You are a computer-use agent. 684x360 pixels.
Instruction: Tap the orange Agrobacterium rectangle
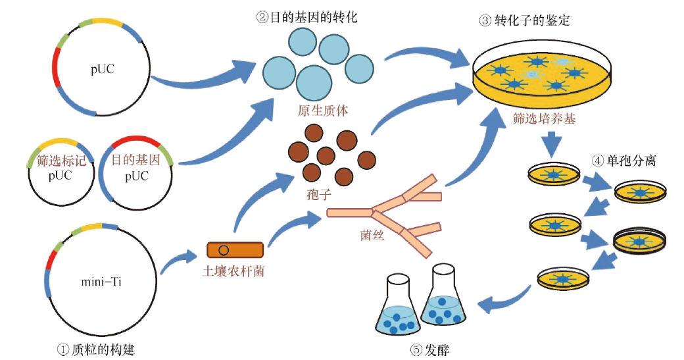(x=235, y=250)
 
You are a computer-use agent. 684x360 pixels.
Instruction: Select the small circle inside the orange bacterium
(x=224, y=250)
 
